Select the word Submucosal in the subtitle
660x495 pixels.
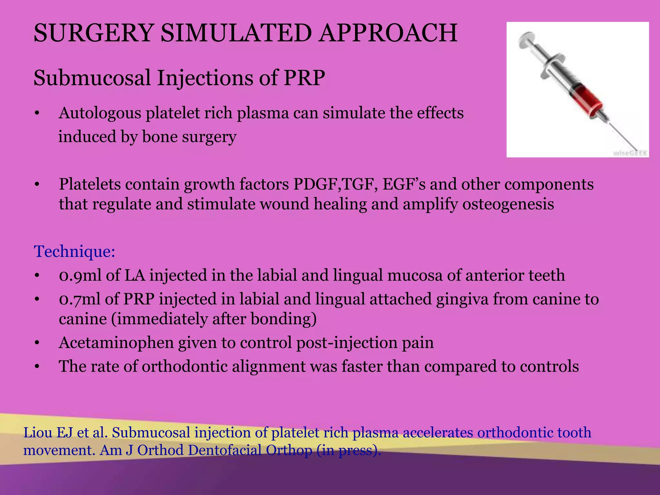click(x=92, y=78)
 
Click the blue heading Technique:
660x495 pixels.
click(x=74, y=251)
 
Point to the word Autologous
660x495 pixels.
click(x=100, y=113)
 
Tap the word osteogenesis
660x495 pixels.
click(x=508, y=204)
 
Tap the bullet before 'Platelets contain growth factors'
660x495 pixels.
click(x=37, y=185)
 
